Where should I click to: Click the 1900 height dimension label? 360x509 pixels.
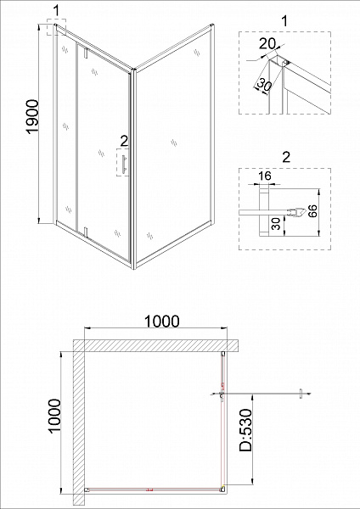[33, 117]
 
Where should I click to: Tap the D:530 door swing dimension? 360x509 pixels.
[245, 430]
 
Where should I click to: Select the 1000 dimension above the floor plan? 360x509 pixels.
[161, 322]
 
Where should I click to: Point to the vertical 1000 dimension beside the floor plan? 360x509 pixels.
[54, 416]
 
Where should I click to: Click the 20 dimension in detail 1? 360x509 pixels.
[267, 44]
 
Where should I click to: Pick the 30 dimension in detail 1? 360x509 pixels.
[264, 85]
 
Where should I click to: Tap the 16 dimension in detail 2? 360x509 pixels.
[265, 176]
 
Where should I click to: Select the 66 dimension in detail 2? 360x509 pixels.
[312, 211]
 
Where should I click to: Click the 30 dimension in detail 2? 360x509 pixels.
[276, 224]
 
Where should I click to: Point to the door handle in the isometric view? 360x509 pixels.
[123, 165]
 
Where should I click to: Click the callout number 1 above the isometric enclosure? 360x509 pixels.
[57, 11]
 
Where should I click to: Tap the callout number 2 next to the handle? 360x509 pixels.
[124, 141]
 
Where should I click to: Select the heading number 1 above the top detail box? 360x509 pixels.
[284, 21]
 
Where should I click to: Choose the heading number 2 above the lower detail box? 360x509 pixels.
[286, 157]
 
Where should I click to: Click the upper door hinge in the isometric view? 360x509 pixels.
[86, 53]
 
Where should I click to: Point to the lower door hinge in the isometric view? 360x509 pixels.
[86, 233]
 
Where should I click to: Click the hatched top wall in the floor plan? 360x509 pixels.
[156, 345]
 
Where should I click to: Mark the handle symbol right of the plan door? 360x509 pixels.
[301, 394]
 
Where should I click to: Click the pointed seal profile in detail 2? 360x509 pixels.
[298, 213]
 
